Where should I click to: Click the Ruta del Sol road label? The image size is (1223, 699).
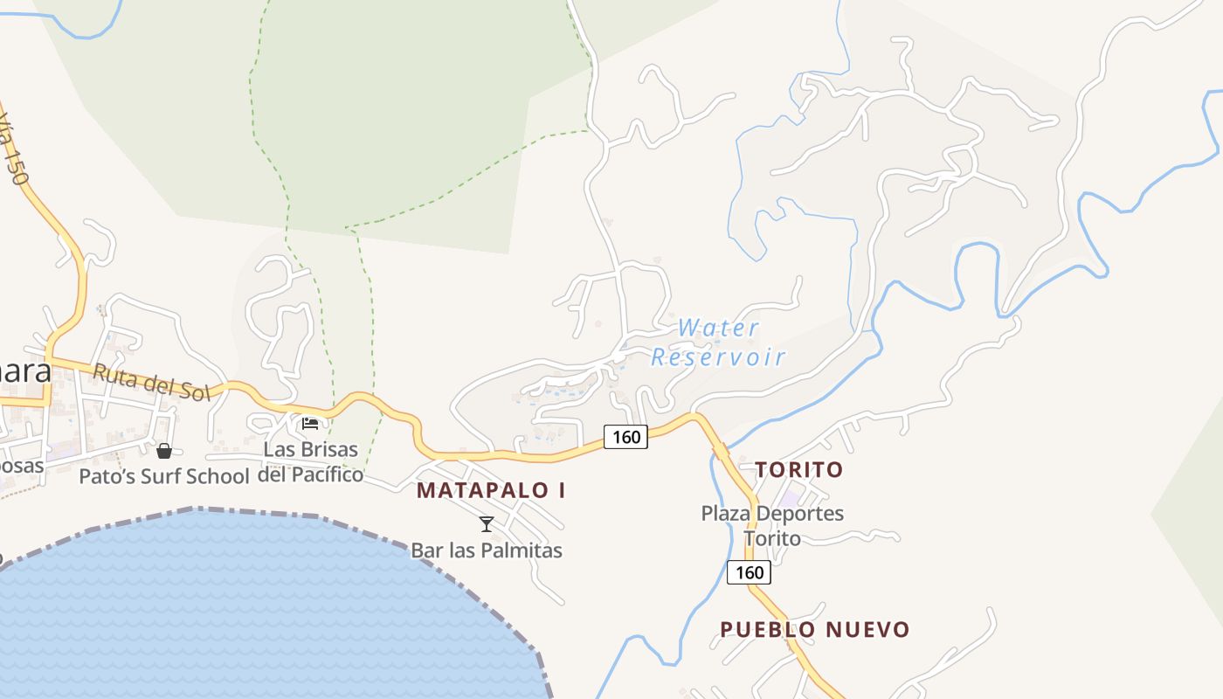(152, 383)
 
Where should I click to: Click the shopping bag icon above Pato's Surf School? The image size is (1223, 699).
(164, 451)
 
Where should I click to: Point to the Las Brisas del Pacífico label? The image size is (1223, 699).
(311, 462)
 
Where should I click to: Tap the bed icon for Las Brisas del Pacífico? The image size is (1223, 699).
(310, 425)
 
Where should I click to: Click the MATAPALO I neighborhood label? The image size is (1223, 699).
(491, 490)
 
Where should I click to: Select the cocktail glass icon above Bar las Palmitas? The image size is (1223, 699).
(487, 524)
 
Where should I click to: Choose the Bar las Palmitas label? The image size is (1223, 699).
(487, 550)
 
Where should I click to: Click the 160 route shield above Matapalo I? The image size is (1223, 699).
(625, 437)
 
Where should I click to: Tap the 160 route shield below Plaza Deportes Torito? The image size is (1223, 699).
(749, 573)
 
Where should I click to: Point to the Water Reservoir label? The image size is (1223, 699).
(718, 343)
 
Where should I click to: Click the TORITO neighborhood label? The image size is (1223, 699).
(799, 469)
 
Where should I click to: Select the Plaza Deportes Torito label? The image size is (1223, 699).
(772, 525)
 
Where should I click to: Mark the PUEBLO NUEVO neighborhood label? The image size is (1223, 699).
(815, 629)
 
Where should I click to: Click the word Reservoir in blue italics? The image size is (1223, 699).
(718, 356)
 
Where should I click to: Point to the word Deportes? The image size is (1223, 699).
(799, 513)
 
